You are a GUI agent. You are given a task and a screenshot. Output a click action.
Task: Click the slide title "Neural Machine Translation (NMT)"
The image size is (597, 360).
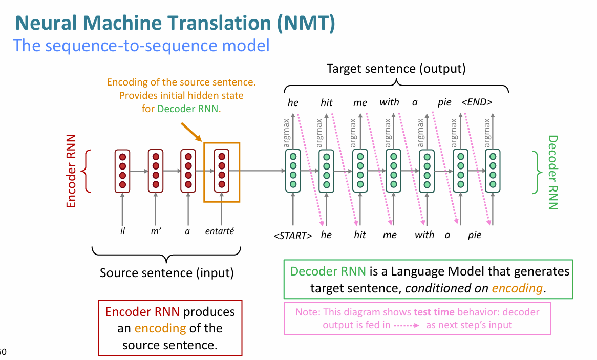tap(176, 23)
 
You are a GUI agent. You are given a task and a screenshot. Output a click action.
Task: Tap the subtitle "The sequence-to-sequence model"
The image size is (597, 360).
tap(142, 46)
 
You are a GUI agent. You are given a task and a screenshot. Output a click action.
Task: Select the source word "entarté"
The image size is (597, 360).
tap(219, 231)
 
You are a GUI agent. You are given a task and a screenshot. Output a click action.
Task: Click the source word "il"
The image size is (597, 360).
tap(122, 231)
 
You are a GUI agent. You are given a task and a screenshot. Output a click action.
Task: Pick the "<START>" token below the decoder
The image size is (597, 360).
tap(293, 236)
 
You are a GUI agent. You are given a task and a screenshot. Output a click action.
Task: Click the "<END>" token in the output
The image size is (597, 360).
tap(477, 102)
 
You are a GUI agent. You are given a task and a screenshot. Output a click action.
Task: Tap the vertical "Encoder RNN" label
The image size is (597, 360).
tap(71, 171)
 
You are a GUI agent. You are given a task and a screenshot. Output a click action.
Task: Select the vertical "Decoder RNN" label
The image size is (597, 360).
tap(552, 173)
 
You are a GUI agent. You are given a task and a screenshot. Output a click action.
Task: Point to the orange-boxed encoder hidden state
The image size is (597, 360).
tap(221, 171)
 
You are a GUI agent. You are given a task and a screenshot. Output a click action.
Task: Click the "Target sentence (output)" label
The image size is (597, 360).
tap(396, 69)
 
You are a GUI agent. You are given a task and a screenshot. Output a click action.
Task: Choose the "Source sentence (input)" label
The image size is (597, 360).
tap(167, 272)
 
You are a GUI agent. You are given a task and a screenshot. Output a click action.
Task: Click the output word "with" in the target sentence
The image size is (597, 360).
tap(389, 102)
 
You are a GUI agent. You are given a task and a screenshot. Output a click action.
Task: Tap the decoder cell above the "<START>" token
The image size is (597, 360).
tap(293, 171)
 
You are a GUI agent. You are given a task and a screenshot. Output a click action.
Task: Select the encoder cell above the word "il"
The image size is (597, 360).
tap(122, 171)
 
